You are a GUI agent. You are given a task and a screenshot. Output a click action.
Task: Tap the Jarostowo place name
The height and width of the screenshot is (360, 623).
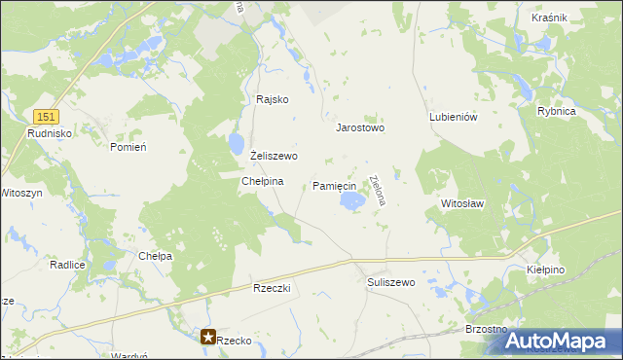click(x=360, y=127)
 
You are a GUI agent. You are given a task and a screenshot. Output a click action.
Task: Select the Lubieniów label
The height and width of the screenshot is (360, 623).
click(x=453, y=117)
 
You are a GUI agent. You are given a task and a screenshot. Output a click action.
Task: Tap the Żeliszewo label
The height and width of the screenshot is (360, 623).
click(x=274, y=156)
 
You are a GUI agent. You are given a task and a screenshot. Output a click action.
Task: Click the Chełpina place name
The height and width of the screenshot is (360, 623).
click(x=262, y=181)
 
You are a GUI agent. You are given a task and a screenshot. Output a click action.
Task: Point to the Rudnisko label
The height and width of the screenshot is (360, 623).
click(x=47, y=132)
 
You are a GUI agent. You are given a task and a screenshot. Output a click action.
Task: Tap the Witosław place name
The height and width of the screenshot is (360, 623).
click(x=462, y=204)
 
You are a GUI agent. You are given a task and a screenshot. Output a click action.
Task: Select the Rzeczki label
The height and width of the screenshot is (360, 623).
click(x=273, y=289)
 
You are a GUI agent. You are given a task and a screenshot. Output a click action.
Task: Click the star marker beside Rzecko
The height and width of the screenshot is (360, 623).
click(x=209, y=338)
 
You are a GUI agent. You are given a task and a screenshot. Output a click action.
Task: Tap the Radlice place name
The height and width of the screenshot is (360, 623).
click(x=67, y=265)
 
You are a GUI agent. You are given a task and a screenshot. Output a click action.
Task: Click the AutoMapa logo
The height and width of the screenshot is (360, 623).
click(x=564, y=340)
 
